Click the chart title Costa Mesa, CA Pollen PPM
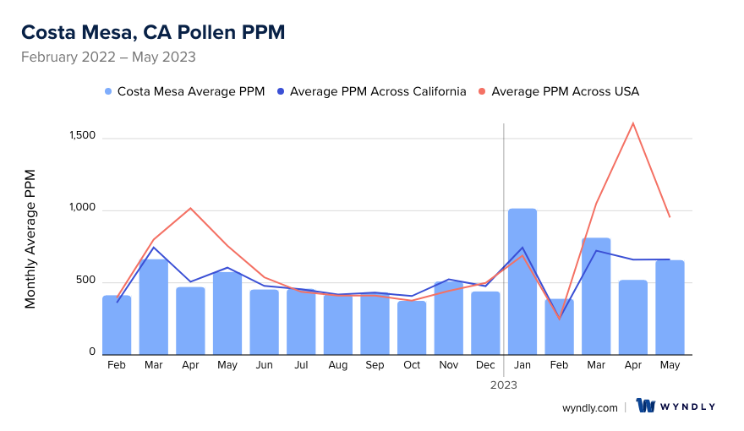click(153, 32)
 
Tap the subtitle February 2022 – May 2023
click(108, 57)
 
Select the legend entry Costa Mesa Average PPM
click(184, 91)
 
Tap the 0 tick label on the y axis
click(92, 352)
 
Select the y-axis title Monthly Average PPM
click(30, 238)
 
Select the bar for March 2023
click(596, 296)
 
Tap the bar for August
click(338, 325)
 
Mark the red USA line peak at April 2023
click(632, 123)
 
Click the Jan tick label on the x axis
click(522, 365)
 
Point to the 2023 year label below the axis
click(504, 385)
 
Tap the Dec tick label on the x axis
click(485, 365)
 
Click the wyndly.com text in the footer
click(590, 407)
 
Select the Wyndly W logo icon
click(647, 406)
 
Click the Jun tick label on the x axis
click(264, 365)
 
